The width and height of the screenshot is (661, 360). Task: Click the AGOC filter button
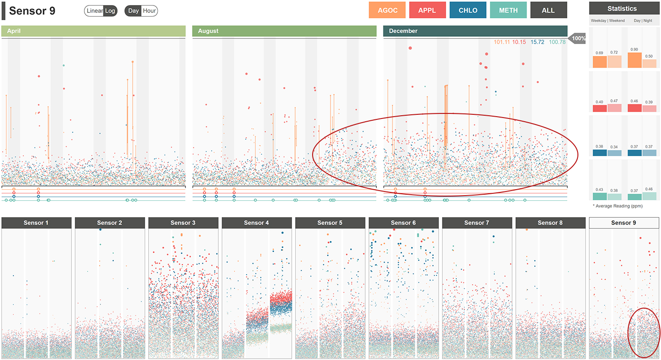coord(387,10)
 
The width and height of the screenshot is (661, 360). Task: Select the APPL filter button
coord(427,10)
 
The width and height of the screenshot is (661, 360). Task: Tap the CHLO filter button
coord(468,10)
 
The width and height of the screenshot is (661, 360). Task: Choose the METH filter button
coord(508,10)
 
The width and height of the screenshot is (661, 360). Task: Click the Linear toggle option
coord(95,11)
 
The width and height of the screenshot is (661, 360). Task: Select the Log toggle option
coord(110,11)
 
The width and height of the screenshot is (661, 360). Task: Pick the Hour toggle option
coord(149,11)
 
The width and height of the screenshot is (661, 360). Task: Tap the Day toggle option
coord(134,11)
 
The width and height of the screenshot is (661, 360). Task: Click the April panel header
coord(93,31)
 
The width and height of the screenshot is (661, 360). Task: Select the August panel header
coord(284,31)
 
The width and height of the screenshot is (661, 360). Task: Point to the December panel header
coord(475,31)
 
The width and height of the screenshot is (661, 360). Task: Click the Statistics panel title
coord(622,8)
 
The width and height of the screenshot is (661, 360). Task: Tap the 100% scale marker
coord(577,39)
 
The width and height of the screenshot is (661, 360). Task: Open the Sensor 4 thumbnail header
coord(257,223)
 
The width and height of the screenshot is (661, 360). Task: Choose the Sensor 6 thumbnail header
coord(403,223)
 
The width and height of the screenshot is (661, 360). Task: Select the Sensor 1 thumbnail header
coord(36,223)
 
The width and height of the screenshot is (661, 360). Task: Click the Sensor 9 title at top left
coord(32,11)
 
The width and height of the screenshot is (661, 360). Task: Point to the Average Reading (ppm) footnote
coord(617,206)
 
